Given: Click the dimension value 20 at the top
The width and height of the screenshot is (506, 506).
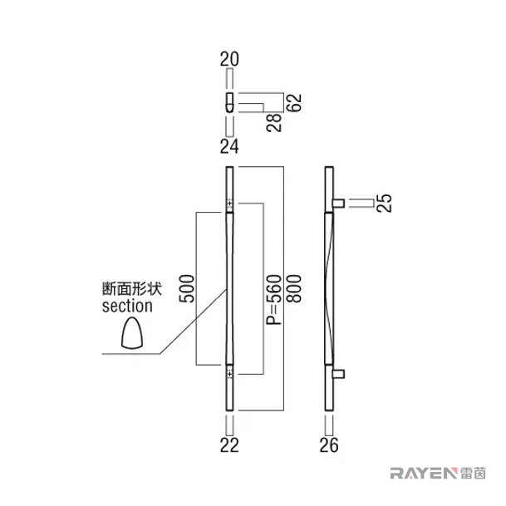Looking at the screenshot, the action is click(x=229, y=59).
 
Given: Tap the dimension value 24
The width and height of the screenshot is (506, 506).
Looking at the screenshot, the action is click(x=229, y=146).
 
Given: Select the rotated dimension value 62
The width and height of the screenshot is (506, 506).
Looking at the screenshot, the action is click(x=294, y=103).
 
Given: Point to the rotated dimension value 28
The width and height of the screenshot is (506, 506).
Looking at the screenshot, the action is click(x=274, y=123).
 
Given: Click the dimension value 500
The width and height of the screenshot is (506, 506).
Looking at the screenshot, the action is click(x=187, y=289).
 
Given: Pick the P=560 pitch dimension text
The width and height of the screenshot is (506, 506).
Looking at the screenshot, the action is click(x=273, y=300).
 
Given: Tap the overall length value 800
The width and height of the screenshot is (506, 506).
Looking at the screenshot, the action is click(x=294, y=289).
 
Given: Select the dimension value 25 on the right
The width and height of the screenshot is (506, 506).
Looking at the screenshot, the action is click(x=385, y=203).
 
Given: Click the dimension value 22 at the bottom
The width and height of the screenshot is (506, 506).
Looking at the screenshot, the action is click(x=229, y=445).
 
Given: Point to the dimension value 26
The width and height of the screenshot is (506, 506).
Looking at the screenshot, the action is click(x=329, y=445).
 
